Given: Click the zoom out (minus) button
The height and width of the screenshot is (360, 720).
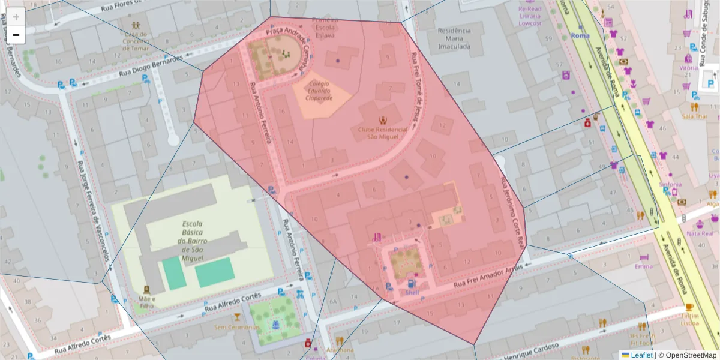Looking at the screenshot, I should [16, 35].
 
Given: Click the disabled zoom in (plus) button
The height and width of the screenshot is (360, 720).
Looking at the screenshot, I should [16, 17].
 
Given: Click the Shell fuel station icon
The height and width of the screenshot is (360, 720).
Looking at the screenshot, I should [411, 284].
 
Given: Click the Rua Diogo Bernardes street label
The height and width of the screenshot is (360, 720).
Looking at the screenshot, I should [150, 67].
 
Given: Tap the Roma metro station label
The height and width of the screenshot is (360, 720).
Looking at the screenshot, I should [580, 35].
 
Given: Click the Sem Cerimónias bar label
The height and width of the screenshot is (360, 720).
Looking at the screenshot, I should [237, 327].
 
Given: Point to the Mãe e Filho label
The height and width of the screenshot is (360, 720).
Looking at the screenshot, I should [146, 302].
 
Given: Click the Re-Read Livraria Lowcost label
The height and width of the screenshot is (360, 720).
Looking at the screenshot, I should [530, 16].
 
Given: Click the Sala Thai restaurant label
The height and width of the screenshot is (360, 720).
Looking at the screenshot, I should [695, 116].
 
